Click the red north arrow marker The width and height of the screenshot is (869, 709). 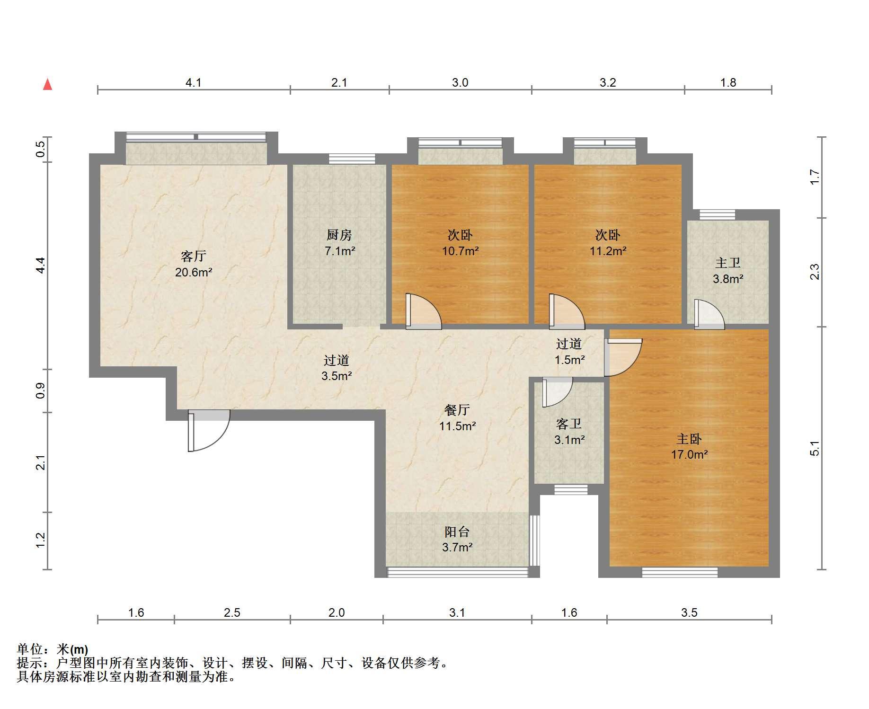point(47,84)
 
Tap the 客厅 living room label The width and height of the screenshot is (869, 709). point(194,257)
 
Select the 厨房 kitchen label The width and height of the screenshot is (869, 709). point(339,235)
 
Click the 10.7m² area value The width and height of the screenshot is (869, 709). point(460,251)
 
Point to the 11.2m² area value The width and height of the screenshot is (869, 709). point(608,251)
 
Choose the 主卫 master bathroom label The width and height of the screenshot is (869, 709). point(728,263)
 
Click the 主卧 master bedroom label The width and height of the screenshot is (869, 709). point(689,439)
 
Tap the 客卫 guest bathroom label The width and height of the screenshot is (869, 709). point(569,424)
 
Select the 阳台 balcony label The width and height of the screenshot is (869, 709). point(457,532)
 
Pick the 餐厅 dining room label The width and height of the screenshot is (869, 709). point(457,410)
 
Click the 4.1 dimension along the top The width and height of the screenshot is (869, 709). point(193,83)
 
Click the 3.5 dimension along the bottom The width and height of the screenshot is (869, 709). point(689,612)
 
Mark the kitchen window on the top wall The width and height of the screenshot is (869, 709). point(352,159)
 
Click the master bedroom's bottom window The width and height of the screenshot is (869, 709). point(680,572)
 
